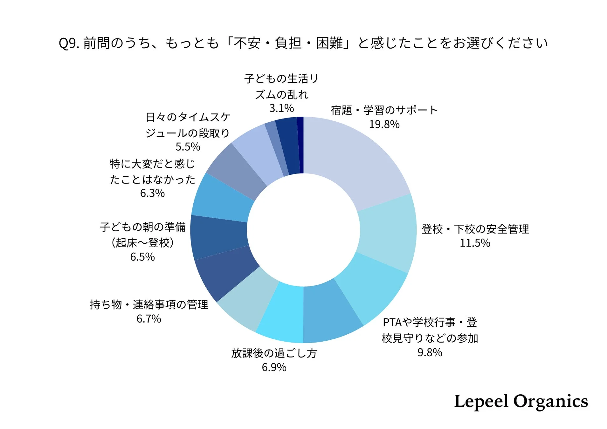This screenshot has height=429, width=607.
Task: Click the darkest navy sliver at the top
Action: [x=300, y=145]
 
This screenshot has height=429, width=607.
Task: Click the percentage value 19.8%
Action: [x=384, y=124]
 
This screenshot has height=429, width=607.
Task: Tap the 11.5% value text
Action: [x=475, y=243]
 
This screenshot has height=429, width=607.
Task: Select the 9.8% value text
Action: [x=430, y=353]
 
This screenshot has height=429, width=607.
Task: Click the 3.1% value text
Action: [x=281, y=108]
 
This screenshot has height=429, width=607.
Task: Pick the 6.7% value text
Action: [x=148, y=319]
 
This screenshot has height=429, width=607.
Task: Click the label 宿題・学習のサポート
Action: [x=384, y=110]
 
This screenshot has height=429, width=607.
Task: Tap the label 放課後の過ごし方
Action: [x=274, y=353]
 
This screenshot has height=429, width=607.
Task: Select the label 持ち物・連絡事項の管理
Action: [x=149, y=305]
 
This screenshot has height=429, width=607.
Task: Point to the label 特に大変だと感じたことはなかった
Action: [x=152, y=172]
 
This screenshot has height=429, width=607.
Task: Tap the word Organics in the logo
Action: [x=550, y=402]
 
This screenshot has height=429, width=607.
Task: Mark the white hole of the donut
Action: [x=303, y=230]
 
